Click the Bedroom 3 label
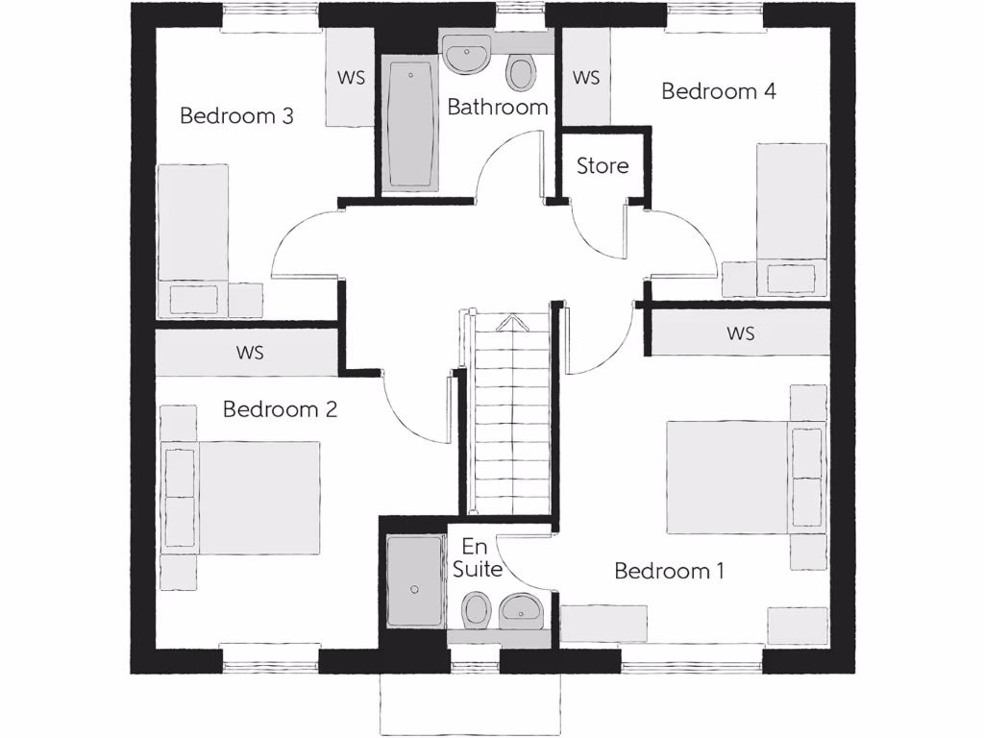pos(236,116)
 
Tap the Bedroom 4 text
pos(719,92)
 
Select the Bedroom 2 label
pos(280,409)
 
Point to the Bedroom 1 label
pos(669,571)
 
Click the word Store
pos(603,165)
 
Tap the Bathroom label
pos(498,107)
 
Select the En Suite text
pos(478,557)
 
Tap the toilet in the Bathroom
pos(521,70)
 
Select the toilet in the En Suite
pos(476,609)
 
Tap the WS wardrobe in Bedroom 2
pos(250,353)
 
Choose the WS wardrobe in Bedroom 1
pos(740,333)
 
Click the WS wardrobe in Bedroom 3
pos(351,78)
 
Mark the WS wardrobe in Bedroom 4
pos(586,78)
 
